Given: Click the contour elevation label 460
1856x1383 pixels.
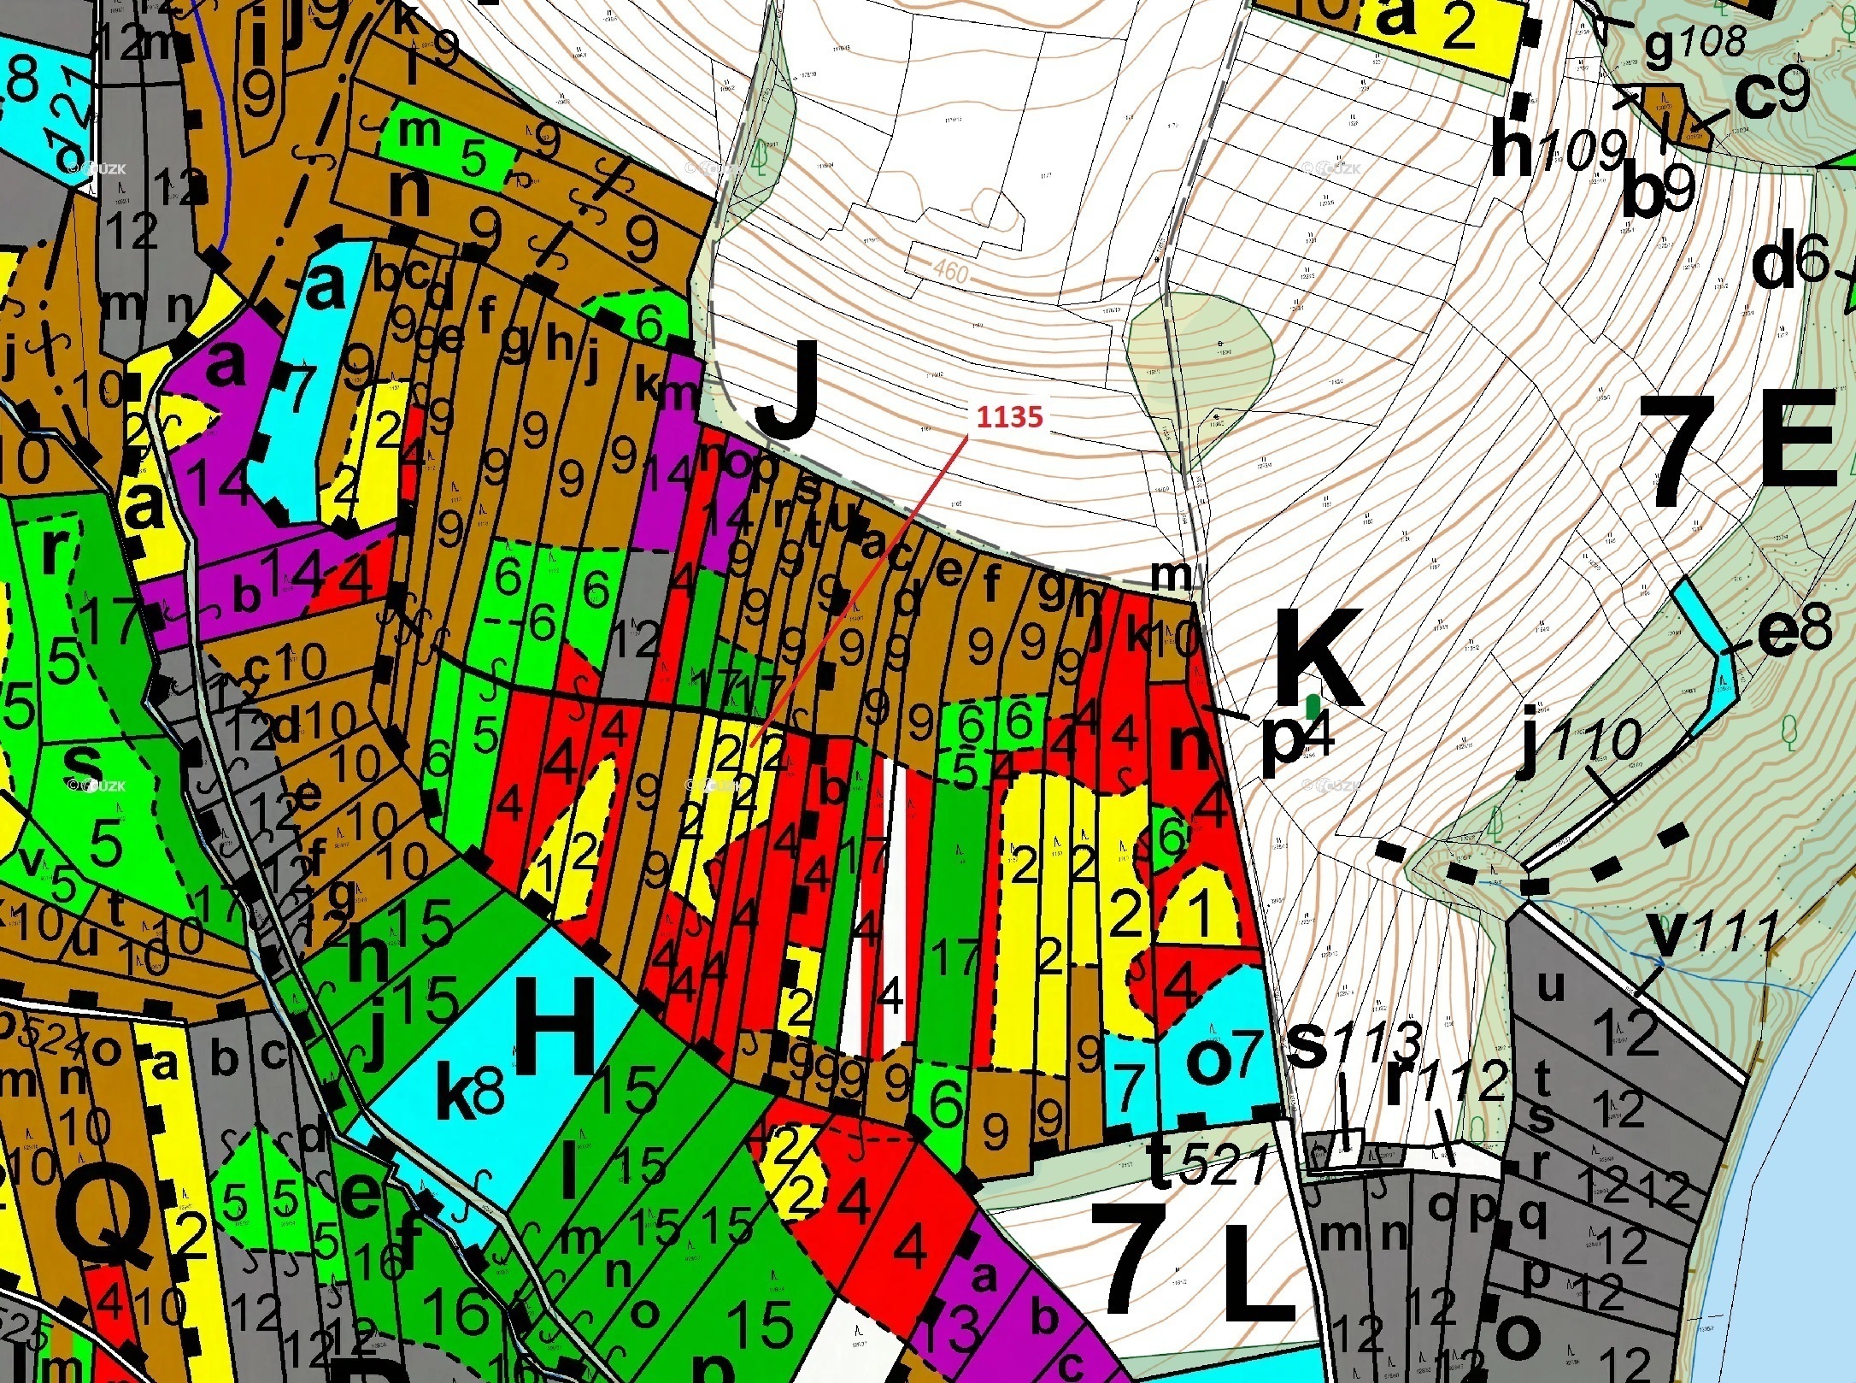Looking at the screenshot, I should click(948, 271).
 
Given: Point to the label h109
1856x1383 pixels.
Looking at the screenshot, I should click(1557, 153).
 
